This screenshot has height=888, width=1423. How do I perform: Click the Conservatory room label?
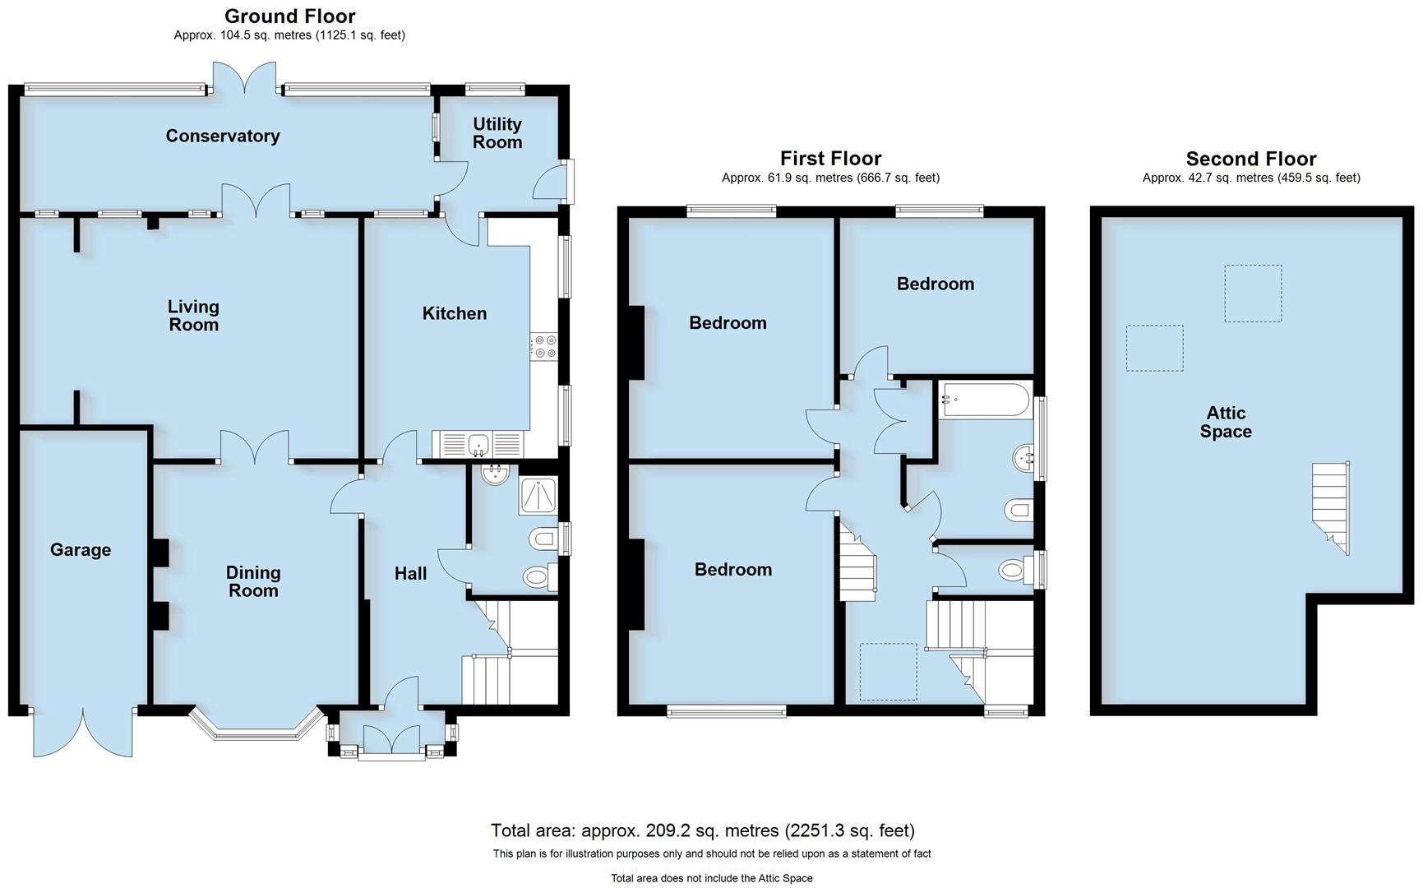click(223, 136)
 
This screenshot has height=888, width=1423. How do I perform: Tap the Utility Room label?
click(497, 133)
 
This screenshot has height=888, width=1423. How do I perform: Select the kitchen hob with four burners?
click(543, 346)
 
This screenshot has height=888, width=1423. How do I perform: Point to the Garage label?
click(81, 550)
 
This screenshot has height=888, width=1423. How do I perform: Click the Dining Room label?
click(253, 581)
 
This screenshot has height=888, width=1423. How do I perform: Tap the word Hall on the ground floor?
click(410, 574)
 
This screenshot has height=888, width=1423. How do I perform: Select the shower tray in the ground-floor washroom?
click(538, 496)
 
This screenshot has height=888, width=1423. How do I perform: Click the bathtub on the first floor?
click(985, 400)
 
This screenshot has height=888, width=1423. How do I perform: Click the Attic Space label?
click(1226, 423)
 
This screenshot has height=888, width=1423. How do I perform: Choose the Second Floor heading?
click(1250, 159)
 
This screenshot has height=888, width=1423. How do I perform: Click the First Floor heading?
click(830, 158)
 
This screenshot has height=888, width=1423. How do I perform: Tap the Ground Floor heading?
click(289, 16)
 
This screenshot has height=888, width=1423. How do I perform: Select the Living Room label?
click(193, 316)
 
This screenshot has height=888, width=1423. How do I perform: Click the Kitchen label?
click(455, 313)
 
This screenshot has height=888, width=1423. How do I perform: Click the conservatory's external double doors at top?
click(244, 78)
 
